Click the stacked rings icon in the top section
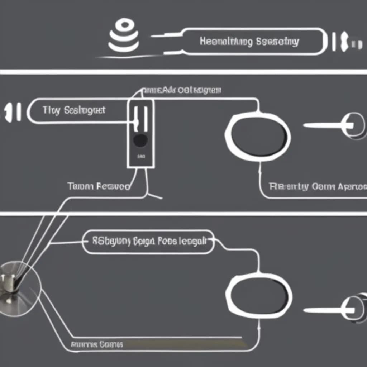click(x=124, y=36)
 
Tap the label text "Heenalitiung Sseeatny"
click(x=249, y=42)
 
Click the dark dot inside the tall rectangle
click(x=140, y=140)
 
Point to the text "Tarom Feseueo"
click(x=98, y=186)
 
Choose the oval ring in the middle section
click(x=258, y=135)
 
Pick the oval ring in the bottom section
click(x=258, y=294)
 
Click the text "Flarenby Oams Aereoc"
click(x=318, y=187)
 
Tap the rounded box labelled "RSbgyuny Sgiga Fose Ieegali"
click(x=148, y=242)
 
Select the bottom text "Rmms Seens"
click(x=97, y=345)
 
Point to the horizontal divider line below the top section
click(x=183, y=72)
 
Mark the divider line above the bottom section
click(x=183, y=214)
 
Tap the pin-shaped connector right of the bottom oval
click(x=337, y=309)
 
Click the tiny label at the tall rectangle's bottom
click(x=140, y=157)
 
